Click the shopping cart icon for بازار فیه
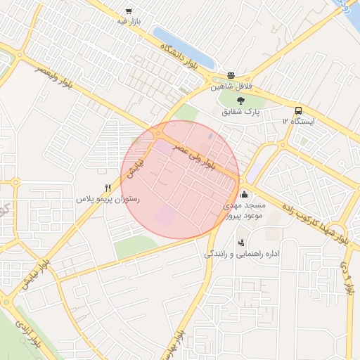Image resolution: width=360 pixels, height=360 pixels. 128,11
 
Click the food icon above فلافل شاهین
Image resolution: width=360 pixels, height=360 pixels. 231,76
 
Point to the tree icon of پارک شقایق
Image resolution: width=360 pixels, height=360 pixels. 241,100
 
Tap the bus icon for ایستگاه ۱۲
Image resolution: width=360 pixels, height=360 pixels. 299,110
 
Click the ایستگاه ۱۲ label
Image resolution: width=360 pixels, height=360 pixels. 299,122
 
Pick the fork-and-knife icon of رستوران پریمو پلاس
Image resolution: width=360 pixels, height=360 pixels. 108,188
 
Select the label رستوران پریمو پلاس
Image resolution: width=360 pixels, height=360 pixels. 108,200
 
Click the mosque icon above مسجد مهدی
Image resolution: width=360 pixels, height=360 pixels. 244,195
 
